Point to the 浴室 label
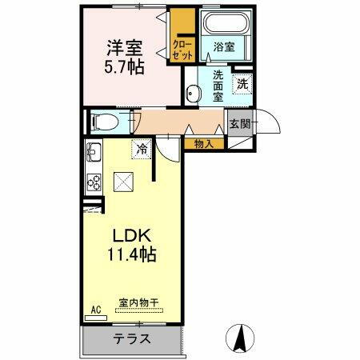tap(223, 47)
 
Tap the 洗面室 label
tap(217, 86)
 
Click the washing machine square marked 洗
tap(242, 82)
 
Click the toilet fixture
tap(102, 122)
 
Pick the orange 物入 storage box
tap(203, 143)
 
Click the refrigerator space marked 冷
tap(142, 149)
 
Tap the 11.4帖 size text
tap(131, 256)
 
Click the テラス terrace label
tap(131, 338)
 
